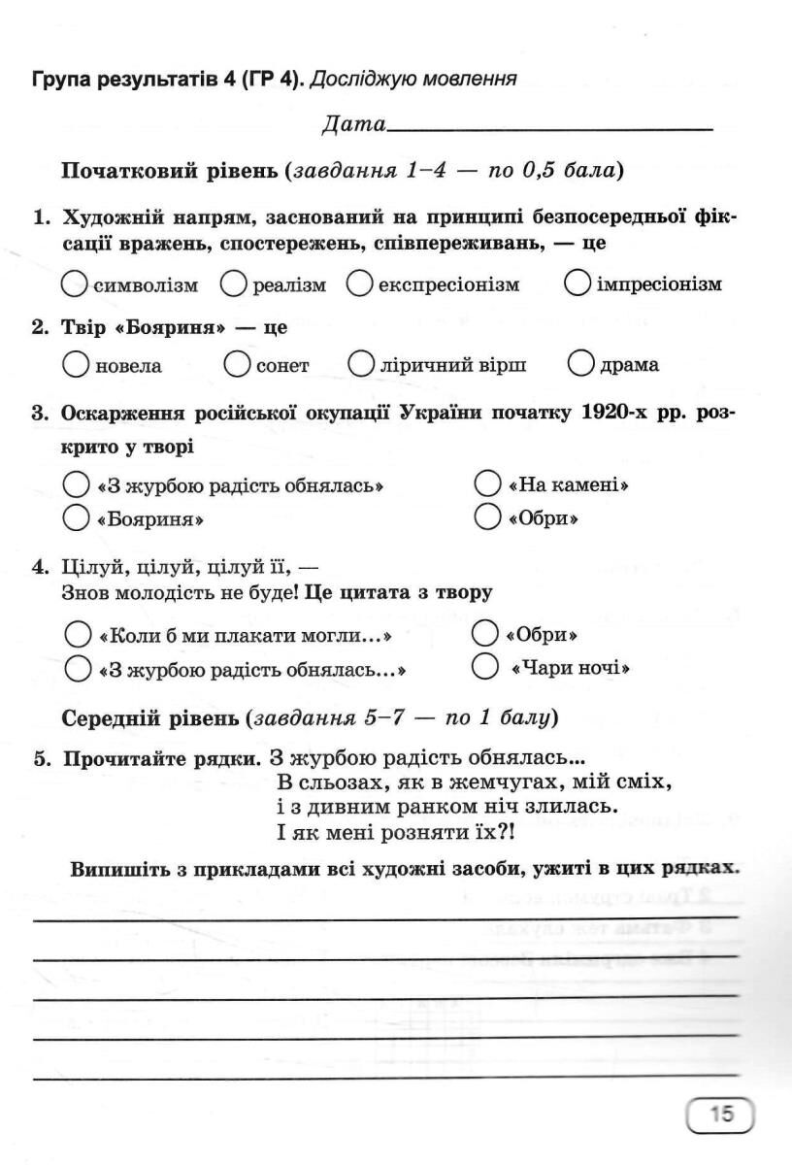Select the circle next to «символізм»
pyautogui.click(x=75, y=283)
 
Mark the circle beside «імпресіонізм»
pyautogui.click(x=577, y=283)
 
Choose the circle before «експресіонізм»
pyautogui.click(x=360, y=283)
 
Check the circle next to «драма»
pyautogui.click(x=581, y=364)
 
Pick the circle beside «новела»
pyautogui.click(x=76, y=364)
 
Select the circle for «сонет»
pyautogui.click(x=238, y=364)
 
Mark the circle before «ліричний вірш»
pyautogui.click(x=361, y=364)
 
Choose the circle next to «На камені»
pyautogui.click(x=488, y=483)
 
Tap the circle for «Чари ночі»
pyautogui.click(x=484, y=667)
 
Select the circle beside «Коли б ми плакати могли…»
pyautogui.click(x=78, y=636)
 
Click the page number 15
pyautogui.click(x=720, y=1115)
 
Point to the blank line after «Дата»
pyautogui.click(x=548, y=128)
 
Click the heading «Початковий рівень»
pyautogui.click(x=170, y=171)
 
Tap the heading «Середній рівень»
pyautogui.click(x=149, y=718)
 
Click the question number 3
pyautogui.click(x=39, y=413)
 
